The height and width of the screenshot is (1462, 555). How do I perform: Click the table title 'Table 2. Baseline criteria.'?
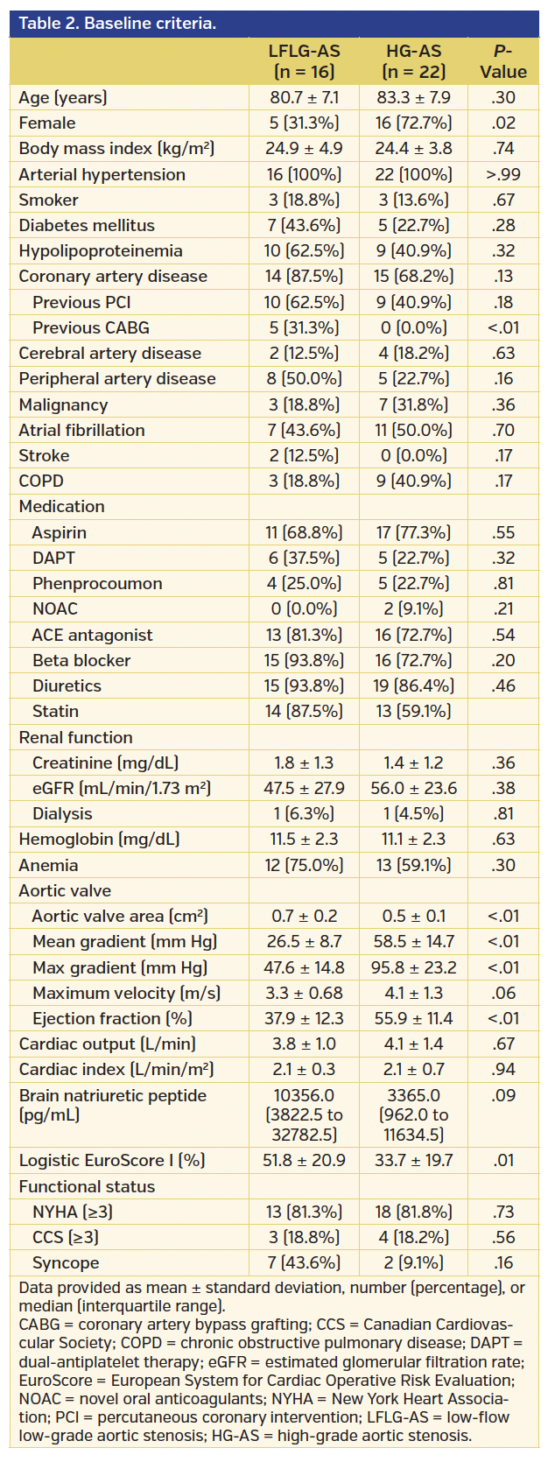tap(117, 24)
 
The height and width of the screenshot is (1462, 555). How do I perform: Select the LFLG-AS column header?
tap(304, 61)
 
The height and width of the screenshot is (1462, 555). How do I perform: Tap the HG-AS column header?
tap(414, 61)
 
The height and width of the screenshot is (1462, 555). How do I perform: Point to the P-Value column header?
tap(503, 61)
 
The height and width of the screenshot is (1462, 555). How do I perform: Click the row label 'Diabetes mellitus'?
tap(87, 225)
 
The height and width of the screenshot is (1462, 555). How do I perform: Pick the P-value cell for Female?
tap(503, 123)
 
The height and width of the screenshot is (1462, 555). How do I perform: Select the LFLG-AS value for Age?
tap(304, 97)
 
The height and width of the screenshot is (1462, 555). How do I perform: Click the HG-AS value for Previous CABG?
tap(414, 327)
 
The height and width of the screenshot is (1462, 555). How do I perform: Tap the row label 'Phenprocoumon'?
tap(97, 583)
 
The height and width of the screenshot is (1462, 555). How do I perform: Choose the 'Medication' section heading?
tap(61, 506)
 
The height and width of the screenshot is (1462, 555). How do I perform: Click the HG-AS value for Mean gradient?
tap(414, 941)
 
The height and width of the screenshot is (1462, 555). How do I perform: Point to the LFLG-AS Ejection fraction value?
tap(304, 1018)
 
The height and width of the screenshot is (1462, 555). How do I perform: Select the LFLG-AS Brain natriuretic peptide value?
tap(304, 1114)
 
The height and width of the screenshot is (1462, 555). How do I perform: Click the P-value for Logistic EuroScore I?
tap(503, 1160)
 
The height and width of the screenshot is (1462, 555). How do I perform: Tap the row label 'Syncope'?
tap(66, 1262)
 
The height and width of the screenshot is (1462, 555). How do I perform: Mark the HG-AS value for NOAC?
tap(414, 608)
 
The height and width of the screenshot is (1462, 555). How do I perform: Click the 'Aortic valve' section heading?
tap(65, 890)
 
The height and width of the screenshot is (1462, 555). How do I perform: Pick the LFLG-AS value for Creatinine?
tap(304, 763)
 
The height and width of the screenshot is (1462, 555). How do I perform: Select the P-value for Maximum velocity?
tap(503, 993)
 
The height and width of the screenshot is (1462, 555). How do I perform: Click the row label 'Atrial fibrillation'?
tap(81, 430)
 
